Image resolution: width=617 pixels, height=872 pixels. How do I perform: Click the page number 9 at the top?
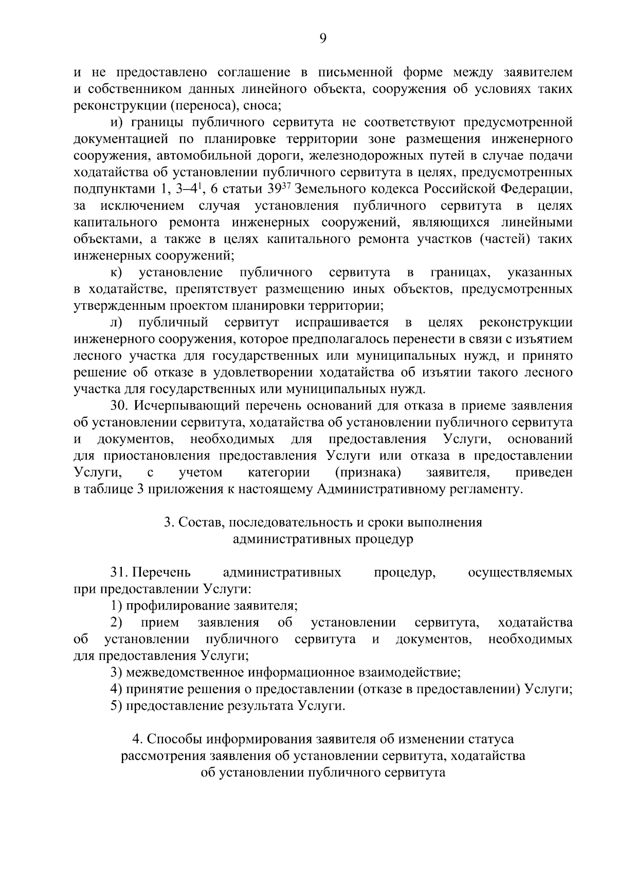[x=323, y=39]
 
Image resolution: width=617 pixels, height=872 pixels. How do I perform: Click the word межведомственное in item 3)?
[x=182, y=672]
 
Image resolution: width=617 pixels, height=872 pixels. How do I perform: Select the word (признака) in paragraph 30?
[x=368, y=472]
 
